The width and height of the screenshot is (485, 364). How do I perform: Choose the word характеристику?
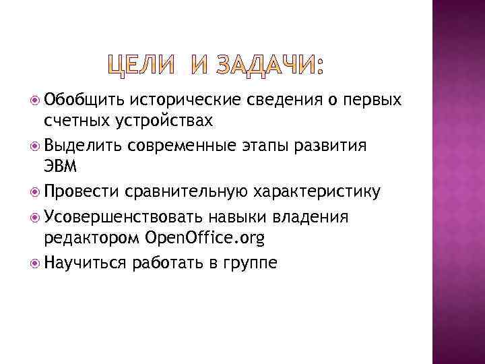point(317,193)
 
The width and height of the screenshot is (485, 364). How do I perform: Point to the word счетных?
point(71,121)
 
